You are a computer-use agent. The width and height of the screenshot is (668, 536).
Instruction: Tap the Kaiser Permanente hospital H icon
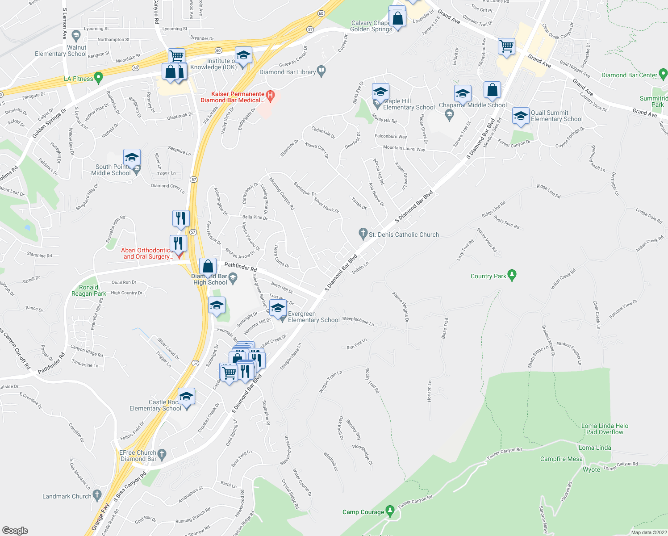tap(270, 95)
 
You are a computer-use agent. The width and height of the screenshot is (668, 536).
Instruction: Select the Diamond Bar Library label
tap(288, 72)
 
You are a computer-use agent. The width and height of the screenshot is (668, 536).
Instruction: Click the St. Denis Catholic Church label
tap(404, 234)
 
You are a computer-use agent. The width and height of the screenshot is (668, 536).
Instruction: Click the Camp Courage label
tap(363, 512)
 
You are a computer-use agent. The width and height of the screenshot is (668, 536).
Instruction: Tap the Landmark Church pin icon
tap(97, 495)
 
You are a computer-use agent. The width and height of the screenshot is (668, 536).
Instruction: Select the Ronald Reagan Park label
tap(89, 290)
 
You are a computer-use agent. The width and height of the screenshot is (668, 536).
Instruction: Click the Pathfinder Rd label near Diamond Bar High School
tap(241, 267)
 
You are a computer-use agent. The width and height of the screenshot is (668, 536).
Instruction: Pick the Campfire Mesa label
tap(561, 459)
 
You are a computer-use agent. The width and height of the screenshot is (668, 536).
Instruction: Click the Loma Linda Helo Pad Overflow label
tap(605, 429)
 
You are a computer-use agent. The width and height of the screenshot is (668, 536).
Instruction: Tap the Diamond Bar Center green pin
tap(663, 74)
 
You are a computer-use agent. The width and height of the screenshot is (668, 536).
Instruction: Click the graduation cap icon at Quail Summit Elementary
tap(520, 116)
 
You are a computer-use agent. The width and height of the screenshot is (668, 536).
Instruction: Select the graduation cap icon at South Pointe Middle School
tap(132, 157)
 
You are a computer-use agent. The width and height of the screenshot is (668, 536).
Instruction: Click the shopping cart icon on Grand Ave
tap(506, 46)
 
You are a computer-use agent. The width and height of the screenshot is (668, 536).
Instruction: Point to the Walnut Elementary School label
tap(61, 50)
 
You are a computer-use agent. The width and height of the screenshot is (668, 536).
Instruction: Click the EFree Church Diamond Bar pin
tap(162, 454)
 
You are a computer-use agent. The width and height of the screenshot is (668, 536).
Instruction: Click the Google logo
tap(15, 530)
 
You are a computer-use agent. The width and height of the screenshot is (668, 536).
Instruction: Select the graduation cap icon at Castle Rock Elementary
tap(186, 396)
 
